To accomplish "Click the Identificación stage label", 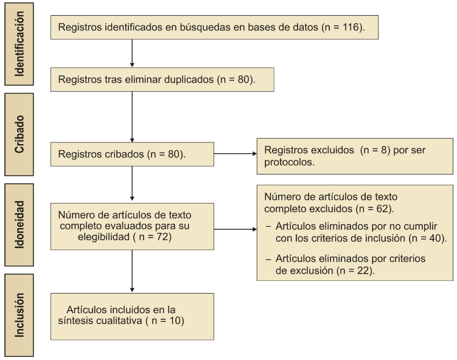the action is (19, 44).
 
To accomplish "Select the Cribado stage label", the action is (19, 134).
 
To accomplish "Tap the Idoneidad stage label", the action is (19, 224).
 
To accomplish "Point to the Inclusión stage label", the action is (19, 315).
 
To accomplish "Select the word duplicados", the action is (189, 80).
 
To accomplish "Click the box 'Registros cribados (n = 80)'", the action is (132, 154).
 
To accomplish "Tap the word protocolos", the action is (289, 162).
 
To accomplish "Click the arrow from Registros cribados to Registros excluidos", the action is (235, 153).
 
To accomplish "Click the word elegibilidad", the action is (104, 237).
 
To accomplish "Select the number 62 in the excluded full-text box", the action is (382, 209).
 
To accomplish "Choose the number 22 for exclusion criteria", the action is (363, 271).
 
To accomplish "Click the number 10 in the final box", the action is (175, 320).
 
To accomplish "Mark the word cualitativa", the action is (119, 320).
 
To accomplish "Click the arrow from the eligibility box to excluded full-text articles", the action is (235, 229).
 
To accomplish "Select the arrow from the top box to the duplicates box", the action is (132, 54).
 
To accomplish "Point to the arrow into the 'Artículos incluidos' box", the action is (132, 271).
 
